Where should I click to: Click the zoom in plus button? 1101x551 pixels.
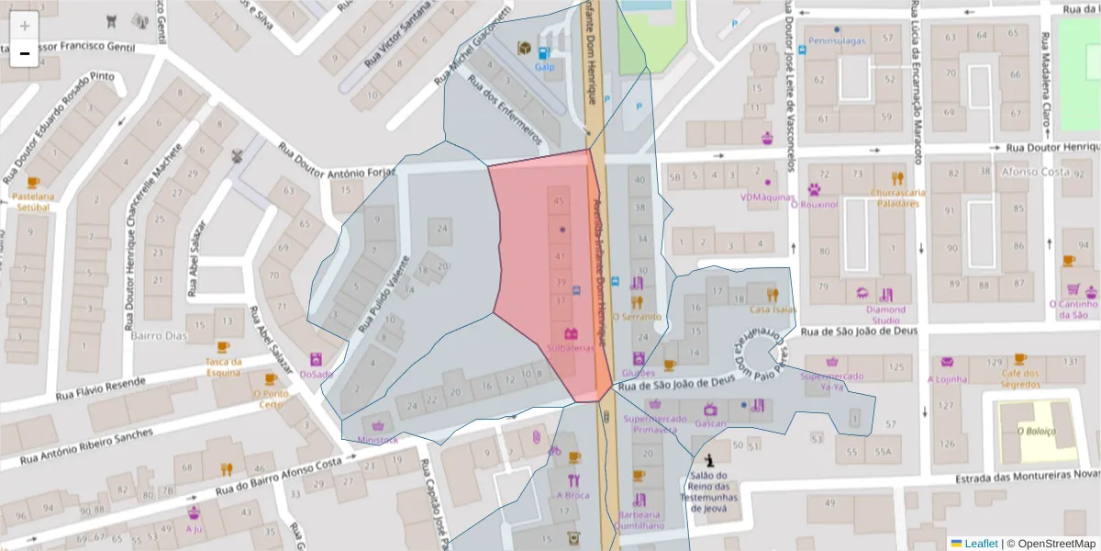click(x=25, y=26)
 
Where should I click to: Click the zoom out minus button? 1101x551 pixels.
click(x=25, y=53)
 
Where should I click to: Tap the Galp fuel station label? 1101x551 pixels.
click(x=544, y=67)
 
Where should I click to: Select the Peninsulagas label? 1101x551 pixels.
click(x=836, y=40)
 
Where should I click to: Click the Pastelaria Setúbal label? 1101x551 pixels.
click(x=34, y=201)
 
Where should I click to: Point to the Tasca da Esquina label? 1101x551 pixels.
click(x=223, y=366)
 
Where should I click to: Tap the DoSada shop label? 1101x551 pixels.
click(x=316, y=374)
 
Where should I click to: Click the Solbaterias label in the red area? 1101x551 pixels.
click(x=571, y=349)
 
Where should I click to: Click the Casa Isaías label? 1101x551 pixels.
click(x=772, y=309)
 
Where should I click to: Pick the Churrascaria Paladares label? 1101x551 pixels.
click(x=896, y=197)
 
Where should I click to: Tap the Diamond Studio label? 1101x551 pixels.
click(x=885, y=314)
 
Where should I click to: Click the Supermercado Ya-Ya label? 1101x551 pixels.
click(x=831, y=381)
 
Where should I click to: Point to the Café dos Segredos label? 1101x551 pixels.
click(x=1019, y=378)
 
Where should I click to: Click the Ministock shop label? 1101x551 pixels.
click(x=378, y=439)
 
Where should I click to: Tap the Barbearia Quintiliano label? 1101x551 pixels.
click(x=639, y=521)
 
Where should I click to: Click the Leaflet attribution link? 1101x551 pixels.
click(x=981, y=544)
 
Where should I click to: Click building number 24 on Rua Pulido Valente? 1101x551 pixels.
click(x=443, y=228)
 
